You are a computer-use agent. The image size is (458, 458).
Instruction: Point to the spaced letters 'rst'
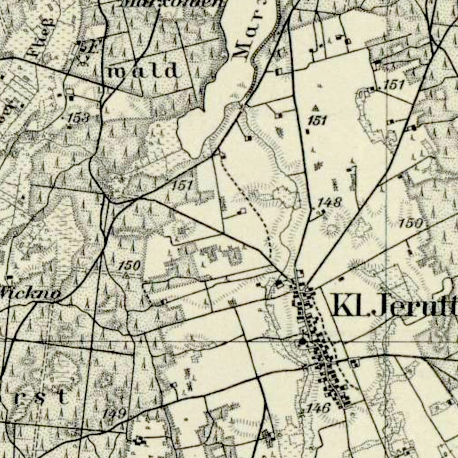click(x=41, y=397)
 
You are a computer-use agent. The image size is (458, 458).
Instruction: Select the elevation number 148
click(x=330, y=202)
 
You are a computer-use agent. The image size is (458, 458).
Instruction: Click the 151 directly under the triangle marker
click(x=317, y=120)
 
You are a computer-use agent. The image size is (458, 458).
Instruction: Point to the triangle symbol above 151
click(x=316, y=108)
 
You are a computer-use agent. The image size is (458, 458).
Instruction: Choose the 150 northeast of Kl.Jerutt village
click(x=410, y=224)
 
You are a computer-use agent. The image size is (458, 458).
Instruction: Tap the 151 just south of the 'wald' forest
click(x=182, y=185)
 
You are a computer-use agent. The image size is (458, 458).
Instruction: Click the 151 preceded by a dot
click(x=393, y=84)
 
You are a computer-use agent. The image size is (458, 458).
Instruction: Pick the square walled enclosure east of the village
click(x=354, y=363)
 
